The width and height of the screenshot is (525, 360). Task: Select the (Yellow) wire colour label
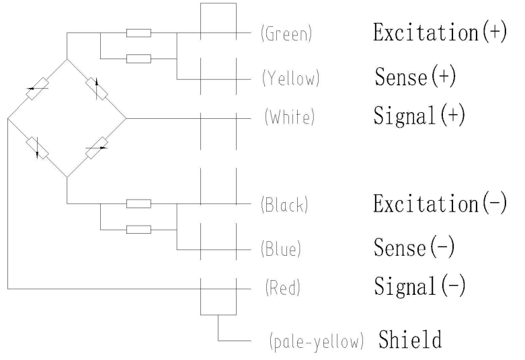[290, 80]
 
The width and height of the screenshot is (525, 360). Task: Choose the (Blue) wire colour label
[281, 250]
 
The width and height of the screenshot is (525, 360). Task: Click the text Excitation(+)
[440, 34]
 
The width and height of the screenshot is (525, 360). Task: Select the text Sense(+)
[415, 78]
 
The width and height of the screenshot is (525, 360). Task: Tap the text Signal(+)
[419, 116]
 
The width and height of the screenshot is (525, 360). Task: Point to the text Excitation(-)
[440, 204]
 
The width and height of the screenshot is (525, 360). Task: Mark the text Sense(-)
[415, 248]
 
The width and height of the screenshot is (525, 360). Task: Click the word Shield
[411, 339]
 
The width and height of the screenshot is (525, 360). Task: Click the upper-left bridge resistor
[38, 89]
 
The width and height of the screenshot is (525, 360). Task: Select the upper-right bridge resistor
[97, 88]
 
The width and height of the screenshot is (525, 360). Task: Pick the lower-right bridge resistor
[97, 147]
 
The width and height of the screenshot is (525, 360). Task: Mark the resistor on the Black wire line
[138, 204]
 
